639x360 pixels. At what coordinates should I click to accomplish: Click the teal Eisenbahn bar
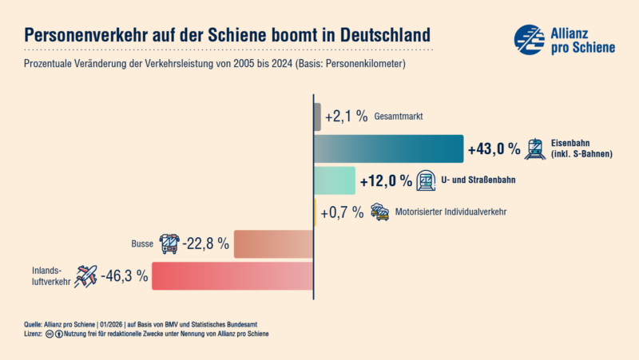389,149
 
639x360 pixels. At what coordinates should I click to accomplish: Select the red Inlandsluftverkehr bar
232,276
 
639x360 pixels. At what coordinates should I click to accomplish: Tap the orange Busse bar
273,244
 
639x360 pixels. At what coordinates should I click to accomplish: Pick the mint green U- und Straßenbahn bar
334,181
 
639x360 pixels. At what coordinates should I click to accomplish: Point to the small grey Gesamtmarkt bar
318,117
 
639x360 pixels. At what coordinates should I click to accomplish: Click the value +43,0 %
494,149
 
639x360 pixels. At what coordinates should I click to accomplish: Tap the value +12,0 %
386,181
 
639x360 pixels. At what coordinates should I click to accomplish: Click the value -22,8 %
206,244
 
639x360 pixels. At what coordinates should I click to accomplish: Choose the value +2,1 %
346,117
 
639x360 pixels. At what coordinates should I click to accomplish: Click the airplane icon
85,276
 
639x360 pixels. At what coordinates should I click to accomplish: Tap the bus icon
169,243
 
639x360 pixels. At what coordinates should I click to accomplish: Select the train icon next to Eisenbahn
535,148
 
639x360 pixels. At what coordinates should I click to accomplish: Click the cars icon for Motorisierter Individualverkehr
380,212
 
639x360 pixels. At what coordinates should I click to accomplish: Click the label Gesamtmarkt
398,117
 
